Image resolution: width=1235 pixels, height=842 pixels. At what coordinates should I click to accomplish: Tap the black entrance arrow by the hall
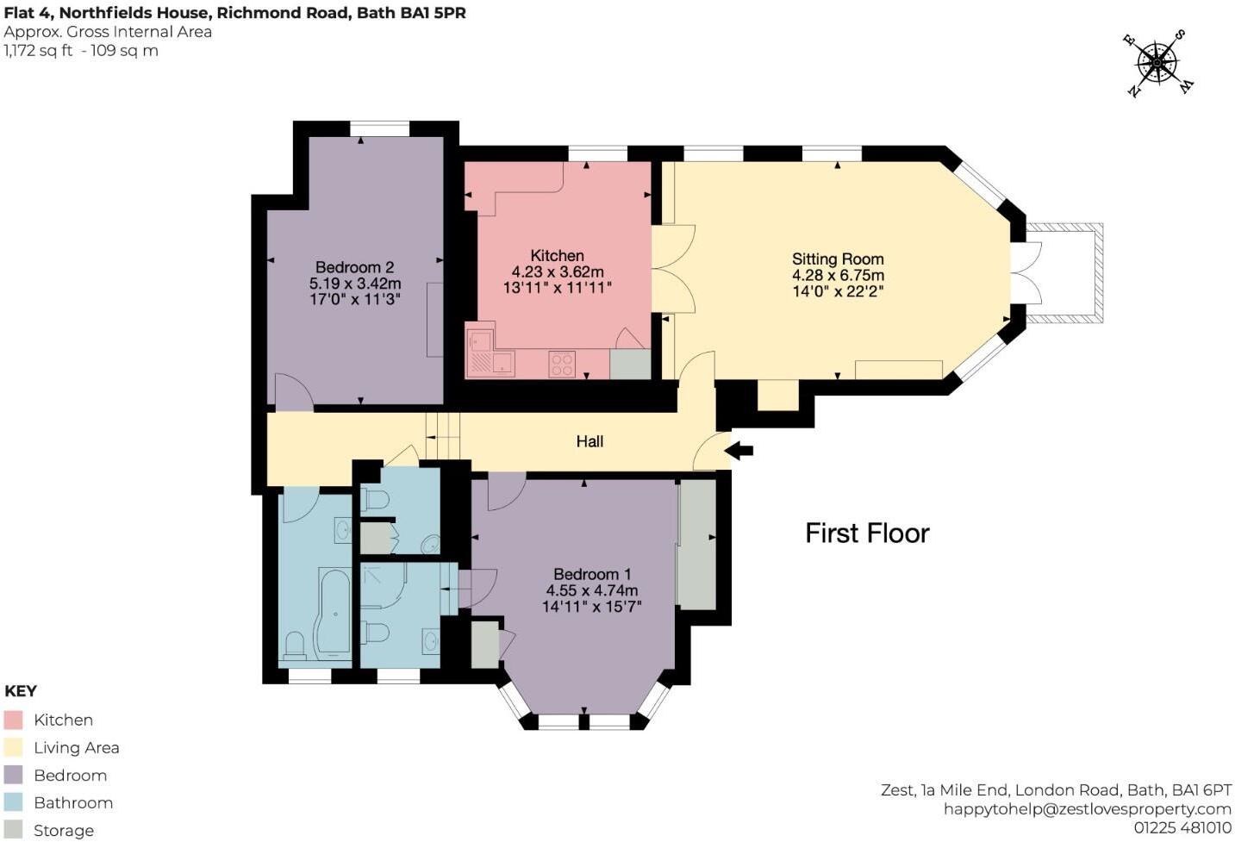tap(739, 450)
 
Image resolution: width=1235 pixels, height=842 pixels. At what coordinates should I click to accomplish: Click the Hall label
tap(589, 441)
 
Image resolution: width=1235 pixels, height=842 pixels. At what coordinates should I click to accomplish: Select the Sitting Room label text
tap(838, 259)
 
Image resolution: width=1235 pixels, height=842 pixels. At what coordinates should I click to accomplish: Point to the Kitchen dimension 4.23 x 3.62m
tap(557, 271)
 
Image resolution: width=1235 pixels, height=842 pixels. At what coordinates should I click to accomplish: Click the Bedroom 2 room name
tap(354, 267)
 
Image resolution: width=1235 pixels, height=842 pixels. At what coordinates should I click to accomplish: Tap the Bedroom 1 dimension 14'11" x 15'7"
tap(591, 607)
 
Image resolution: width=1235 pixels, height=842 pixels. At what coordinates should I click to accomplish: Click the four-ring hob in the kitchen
tap(562, 365)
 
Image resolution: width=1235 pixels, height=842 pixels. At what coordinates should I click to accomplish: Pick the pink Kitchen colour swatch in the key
tap(13, 720)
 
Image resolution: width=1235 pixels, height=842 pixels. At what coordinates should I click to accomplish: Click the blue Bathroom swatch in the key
tap(13, 802)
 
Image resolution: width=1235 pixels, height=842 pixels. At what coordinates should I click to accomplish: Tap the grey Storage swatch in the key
tap(13, 830)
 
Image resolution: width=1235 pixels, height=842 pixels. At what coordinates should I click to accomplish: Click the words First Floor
tap(867, 533)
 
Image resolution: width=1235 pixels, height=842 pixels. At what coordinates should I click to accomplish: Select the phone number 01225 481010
tap(1182, 827)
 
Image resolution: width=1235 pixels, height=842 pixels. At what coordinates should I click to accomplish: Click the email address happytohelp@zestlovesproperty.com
tap(1087, 808)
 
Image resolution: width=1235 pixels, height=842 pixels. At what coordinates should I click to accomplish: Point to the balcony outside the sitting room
tap(1065, 273)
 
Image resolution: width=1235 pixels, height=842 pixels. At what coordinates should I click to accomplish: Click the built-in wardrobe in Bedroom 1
tap(695, 545)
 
